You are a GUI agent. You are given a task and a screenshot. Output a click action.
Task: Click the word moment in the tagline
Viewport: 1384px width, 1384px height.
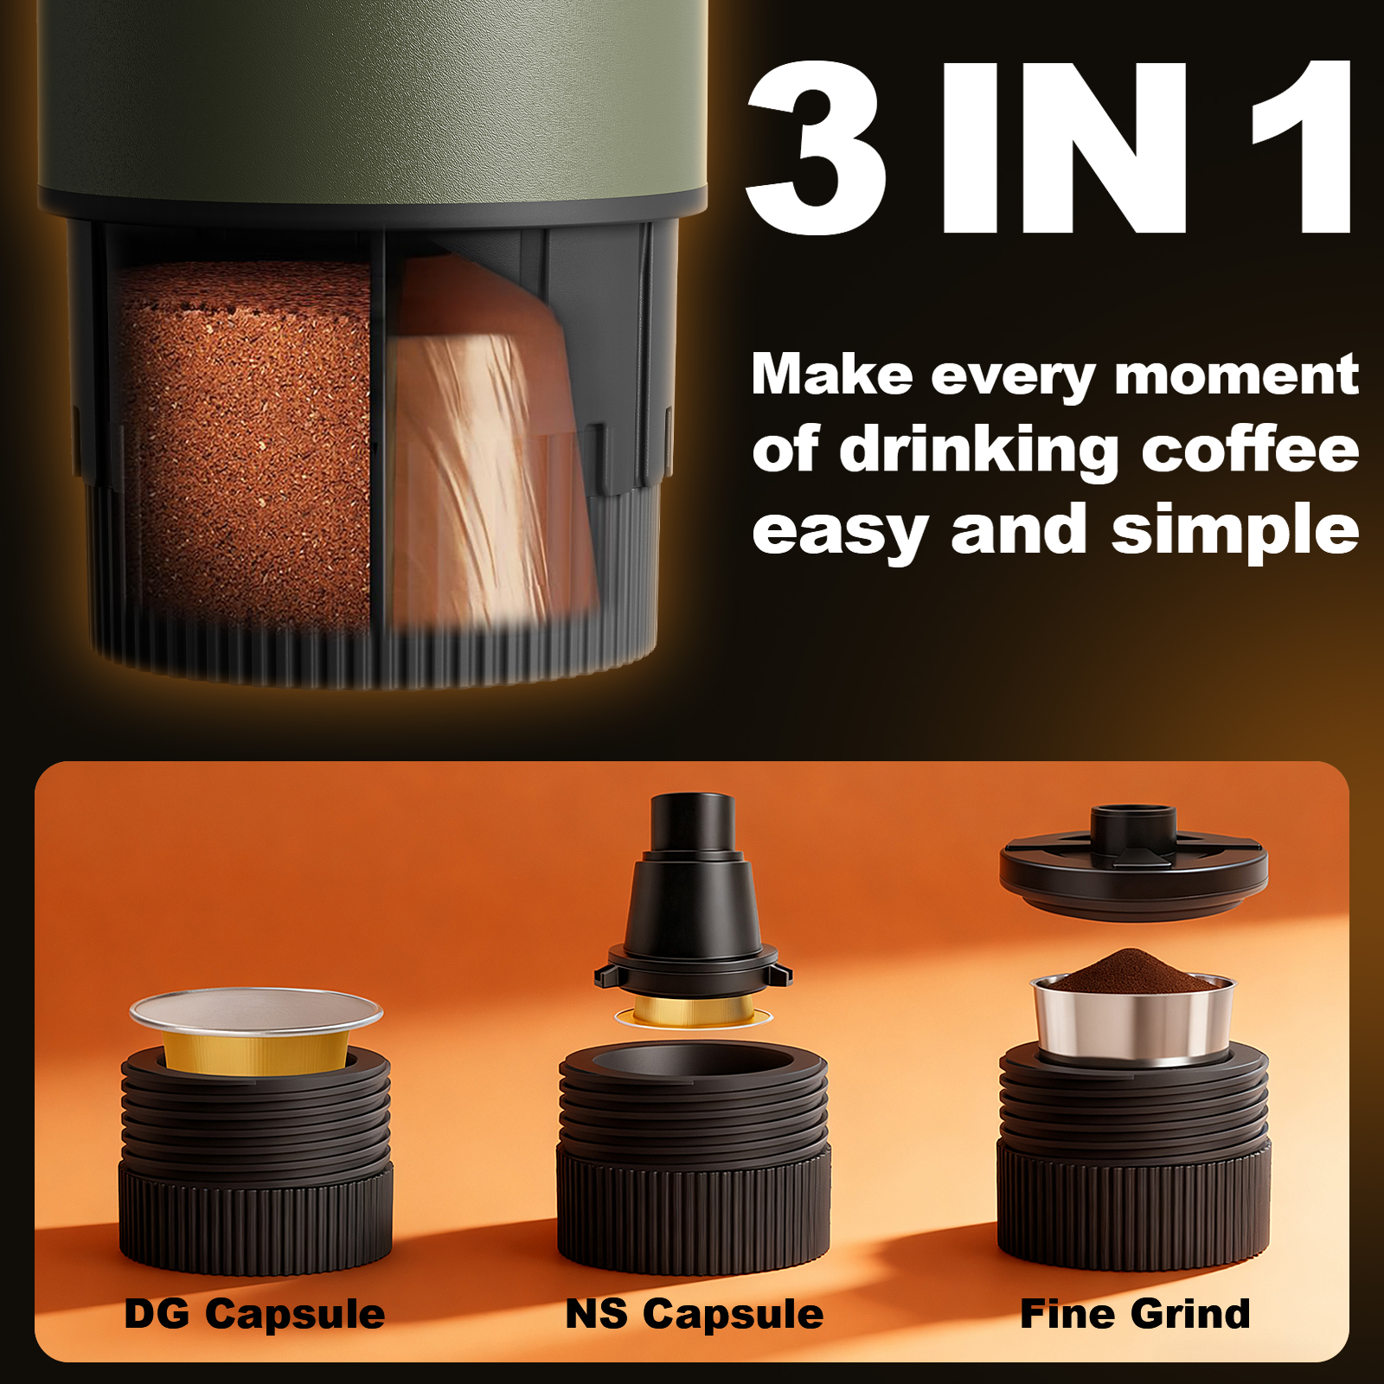(1236, 375)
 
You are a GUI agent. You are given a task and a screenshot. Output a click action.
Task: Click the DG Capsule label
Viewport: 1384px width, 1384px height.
(254, 1314)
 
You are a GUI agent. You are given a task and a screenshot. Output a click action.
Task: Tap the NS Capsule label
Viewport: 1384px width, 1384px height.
(694, 1314)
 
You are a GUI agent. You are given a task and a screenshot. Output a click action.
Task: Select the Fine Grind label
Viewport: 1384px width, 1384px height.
(1135, 1314)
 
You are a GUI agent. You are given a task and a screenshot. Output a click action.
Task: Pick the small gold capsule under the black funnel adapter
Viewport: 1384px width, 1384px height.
(692, 1010)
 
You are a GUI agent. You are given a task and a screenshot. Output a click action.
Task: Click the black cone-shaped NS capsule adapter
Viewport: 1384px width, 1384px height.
(692, 900)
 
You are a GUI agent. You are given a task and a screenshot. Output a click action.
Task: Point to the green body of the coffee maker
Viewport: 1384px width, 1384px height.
(372, 95)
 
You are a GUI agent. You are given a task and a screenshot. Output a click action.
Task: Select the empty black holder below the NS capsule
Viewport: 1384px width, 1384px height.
(694, 1159)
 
